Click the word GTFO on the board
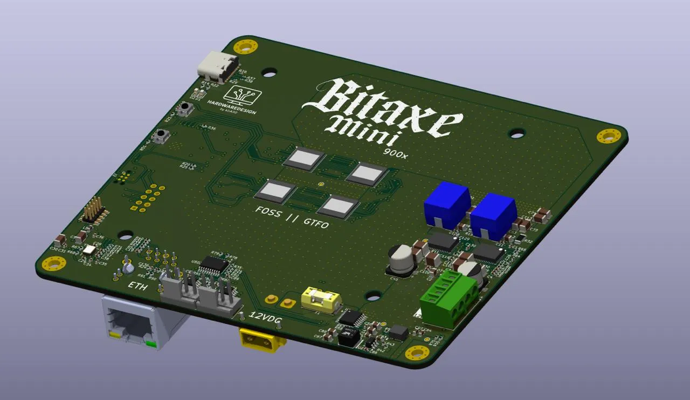coord(315,222)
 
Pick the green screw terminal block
coord(448,299)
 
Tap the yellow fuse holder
coord(321,298)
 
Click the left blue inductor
coord(447,205)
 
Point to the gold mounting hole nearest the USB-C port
coord(245,46)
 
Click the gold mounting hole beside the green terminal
coord(417,353)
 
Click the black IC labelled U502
coord(216,263)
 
